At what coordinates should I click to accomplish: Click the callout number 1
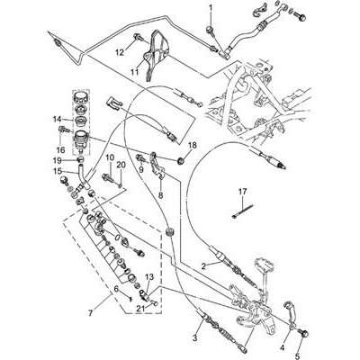[210, 7]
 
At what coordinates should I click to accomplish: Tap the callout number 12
[120, 53]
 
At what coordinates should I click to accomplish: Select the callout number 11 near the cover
[135, 72]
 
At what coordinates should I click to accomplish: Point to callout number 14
[57, 120]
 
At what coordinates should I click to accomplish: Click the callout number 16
[60, 149]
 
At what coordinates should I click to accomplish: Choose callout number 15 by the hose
[58, 171]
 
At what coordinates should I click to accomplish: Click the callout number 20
[121, 165]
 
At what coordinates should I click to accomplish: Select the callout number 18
[193, 146]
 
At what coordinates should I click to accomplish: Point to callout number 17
[242, 191]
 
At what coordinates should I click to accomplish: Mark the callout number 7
[91, 313]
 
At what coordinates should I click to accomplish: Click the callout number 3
[195, 338]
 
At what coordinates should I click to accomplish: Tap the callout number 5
[297, 356]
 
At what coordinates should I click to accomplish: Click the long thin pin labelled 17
[243, 211]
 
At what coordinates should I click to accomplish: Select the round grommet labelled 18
[181, 161]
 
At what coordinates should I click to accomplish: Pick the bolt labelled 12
[138, 37]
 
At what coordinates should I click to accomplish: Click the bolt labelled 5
[303, 333]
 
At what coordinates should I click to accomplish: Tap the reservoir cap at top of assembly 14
[81, 97]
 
